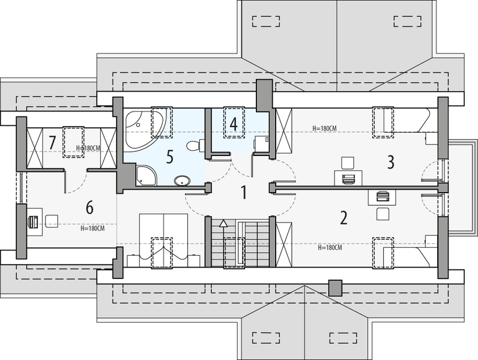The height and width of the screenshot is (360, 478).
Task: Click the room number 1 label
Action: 244,193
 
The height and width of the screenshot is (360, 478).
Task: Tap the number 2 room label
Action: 343,217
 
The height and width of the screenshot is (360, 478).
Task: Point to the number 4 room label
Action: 234,124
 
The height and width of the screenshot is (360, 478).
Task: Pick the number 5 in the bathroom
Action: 169,157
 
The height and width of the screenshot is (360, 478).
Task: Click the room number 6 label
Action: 89,208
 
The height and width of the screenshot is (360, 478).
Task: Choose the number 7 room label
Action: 52,143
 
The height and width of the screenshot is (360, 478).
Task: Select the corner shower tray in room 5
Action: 146,175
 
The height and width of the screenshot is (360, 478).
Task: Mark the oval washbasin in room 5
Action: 181,179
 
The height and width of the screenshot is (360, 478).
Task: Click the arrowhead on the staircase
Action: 224,224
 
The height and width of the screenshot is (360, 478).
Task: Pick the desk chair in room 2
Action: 383,212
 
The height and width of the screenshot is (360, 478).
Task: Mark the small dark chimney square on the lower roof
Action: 335,287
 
